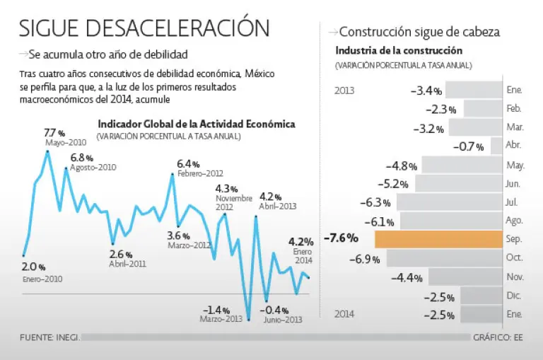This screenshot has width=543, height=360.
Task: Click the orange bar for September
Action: (x=438, y=238)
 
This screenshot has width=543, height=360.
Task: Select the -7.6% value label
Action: (x=341, y=238)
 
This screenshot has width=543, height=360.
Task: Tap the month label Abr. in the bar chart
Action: (x=514, y=146)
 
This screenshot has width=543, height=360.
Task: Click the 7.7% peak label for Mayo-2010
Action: (x=54, y=133)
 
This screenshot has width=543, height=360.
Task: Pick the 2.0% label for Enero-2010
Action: (x=33, y=267)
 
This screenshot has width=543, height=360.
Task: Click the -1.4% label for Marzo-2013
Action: (x=217, y=310)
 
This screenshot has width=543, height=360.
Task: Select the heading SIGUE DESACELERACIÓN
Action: (x=144, y=28)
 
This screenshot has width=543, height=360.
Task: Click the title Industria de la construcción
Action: (x=399, y=51)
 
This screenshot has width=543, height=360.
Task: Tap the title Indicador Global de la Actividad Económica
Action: (x=197, y=124)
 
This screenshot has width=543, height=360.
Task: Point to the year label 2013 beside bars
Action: (x=344, y=91)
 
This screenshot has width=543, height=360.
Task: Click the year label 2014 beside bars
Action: (x=344, y=313)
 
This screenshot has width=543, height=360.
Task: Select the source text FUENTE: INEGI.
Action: (x=49, y=337)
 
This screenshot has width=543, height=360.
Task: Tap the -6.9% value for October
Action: (x=366, y=259)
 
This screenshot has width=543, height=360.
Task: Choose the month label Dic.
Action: (x=514, y=295)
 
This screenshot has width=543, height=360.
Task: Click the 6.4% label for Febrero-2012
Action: (x=188, y=164)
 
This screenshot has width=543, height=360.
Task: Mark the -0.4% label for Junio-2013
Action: (x=273, y=310)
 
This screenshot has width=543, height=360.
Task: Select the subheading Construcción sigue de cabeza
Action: (x=419, y=32)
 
